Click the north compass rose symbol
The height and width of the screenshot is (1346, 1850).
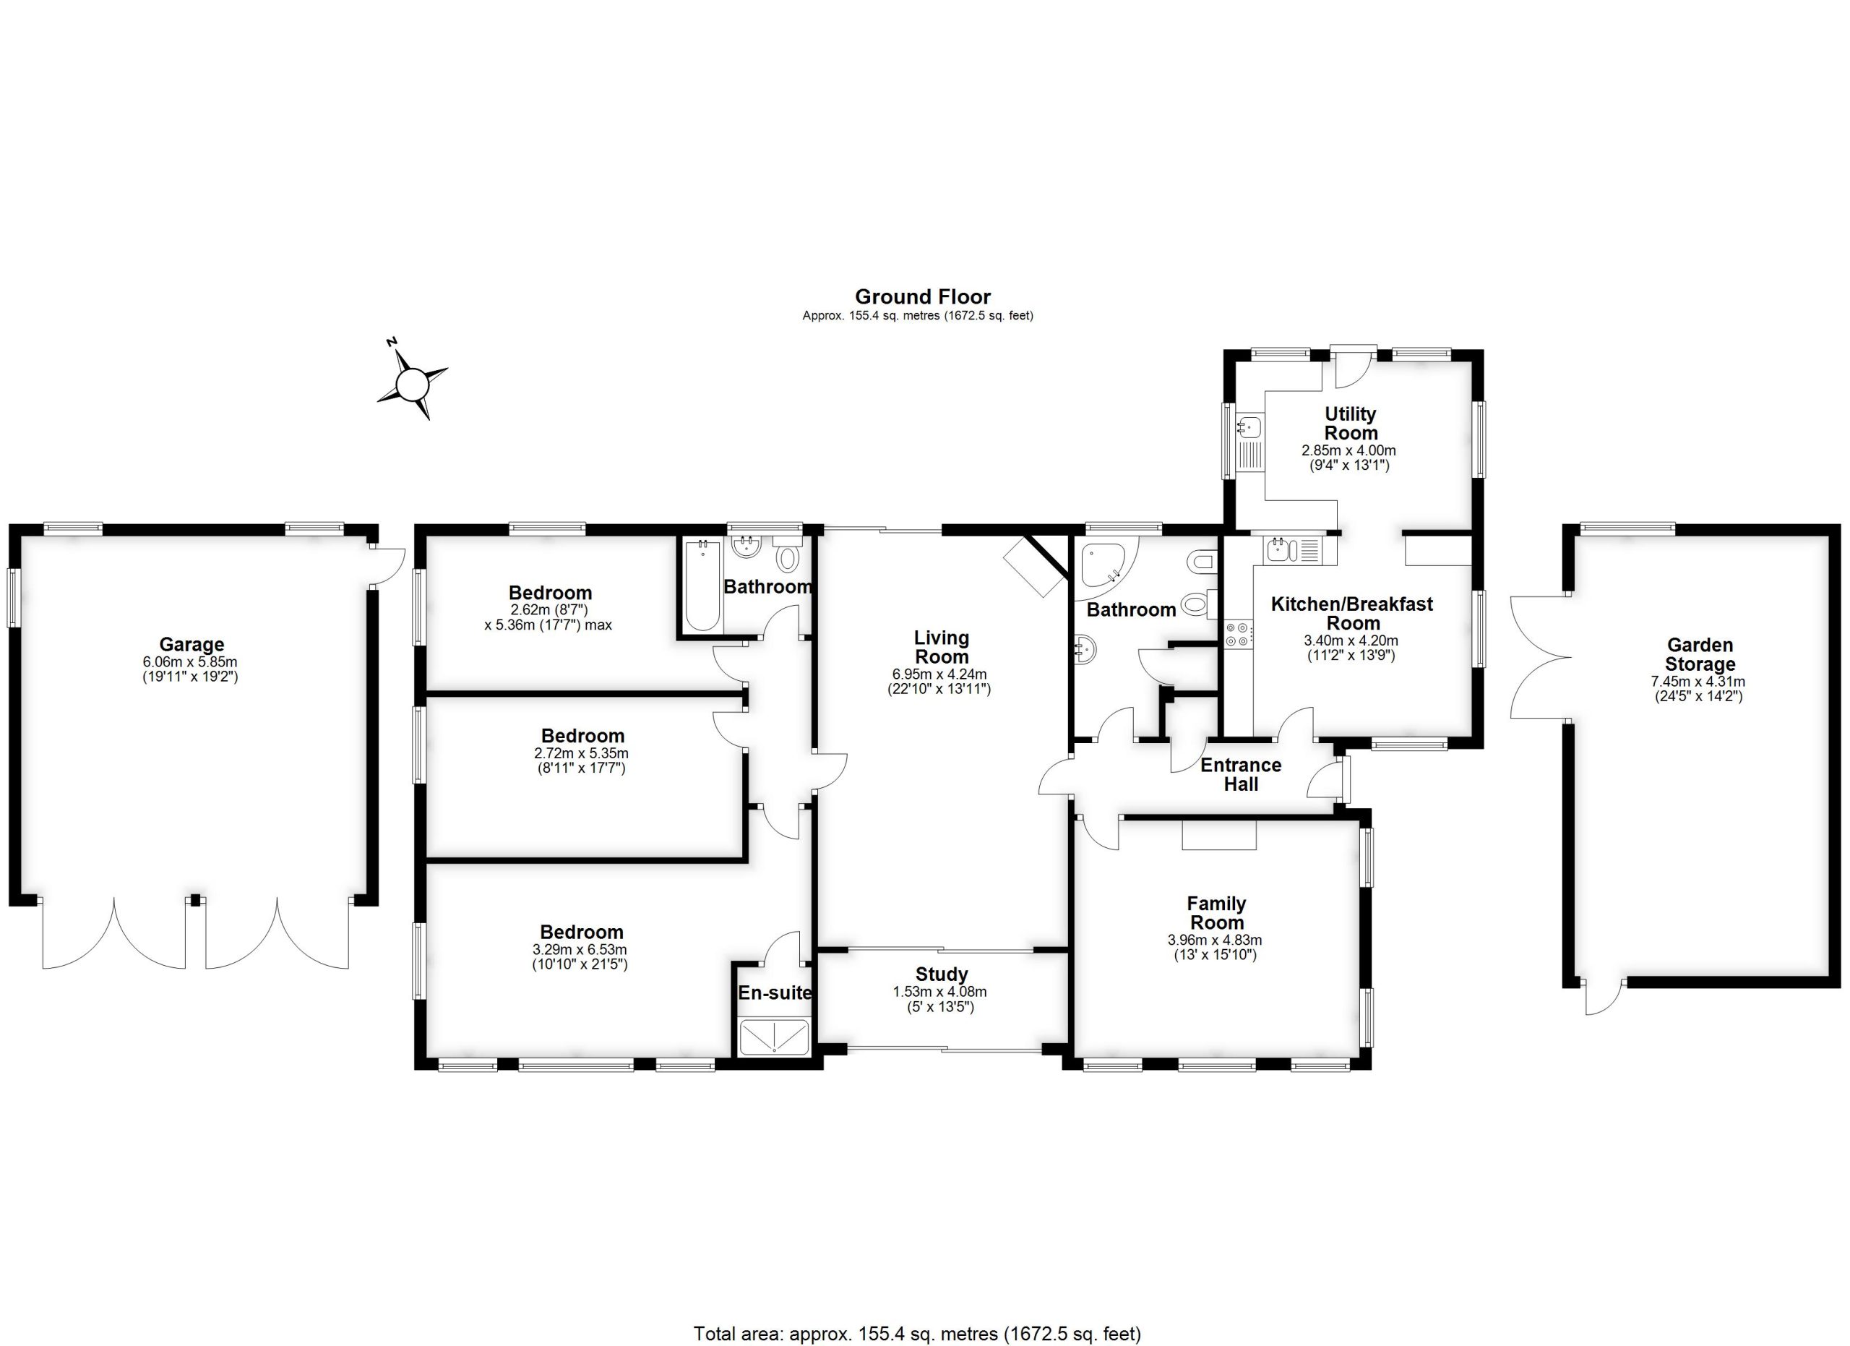point(412,382)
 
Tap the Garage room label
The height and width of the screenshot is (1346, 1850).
point(191,646)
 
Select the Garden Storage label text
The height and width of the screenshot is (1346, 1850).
point(1700,654)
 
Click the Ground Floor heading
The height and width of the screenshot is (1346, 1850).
point(923,297)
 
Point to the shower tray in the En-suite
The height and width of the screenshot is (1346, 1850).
point(774,1037)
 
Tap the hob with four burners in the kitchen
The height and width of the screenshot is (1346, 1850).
point(1238,635)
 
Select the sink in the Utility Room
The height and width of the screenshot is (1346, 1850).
point(1249,426)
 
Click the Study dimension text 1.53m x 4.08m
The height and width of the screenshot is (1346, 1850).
point(940,992)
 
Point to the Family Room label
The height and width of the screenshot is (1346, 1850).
point(1216,913)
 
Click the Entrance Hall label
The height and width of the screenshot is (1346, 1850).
point(1241,774)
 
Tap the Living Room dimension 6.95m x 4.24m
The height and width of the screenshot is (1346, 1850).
point(939,674)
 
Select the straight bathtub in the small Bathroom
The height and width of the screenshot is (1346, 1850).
point(702,585)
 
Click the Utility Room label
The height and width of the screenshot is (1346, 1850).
point(1351,424)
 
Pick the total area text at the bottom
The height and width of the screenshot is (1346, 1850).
point(917,1334)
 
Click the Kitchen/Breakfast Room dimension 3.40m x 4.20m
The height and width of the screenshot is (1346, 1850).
point(1351,640)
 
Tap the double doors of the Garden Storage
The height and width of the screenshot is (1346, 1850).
point(1539,658)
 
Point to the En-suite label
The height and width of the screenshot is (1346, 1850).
point(775,993)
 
